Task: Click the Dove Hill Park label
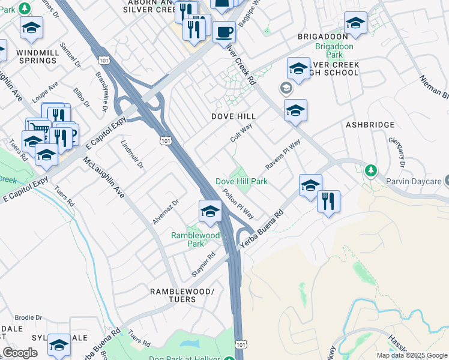coord(241,181)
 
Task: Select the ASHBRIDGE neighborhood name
coord(370,124)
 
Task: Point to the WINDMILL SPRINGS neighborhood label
coord(38,56)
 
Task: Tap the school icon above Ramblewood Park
coord(209,211)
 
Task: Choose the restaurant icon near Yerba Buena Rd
coord(328,201)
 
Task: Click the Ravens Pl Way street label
coord(283,155)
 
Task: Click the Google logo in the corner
coord(20,353)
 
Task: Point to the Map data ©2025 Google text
coord(412,355)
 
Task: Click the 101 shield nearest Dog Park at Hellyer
coord(241,344)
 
